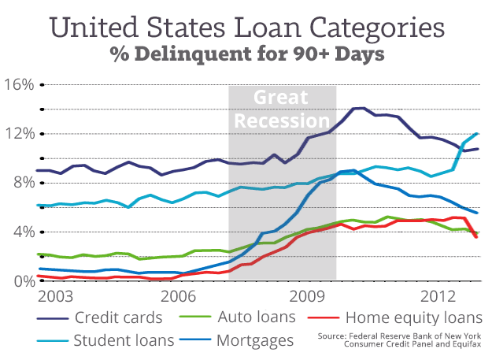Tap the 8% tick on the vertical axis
(x=21, y=183)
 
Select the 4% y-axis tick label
(x=21, y=232)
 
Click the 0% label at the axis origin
(x=21, y=280)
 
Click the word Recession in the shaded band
(x=283, y=121)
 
